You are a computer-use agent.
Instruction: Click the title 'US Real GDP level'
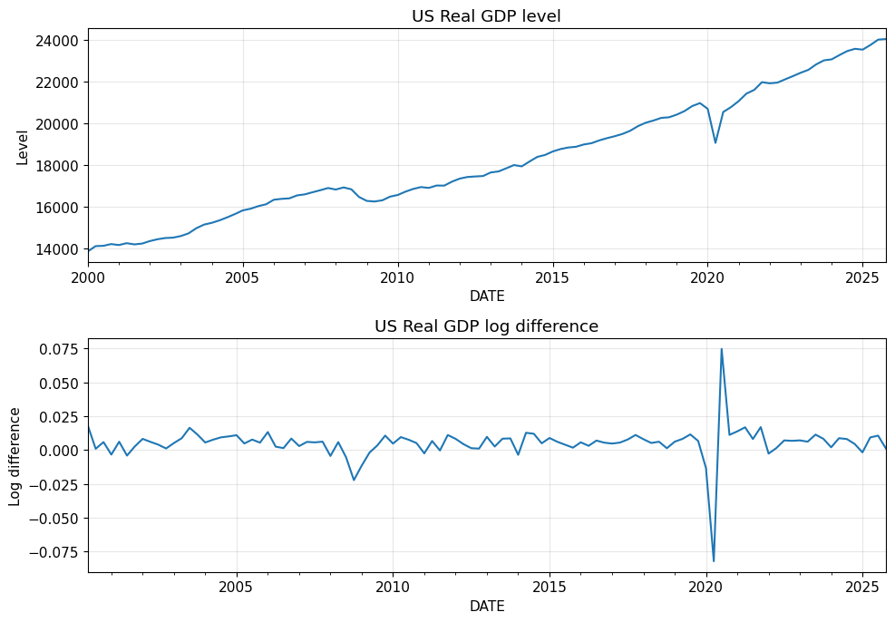pyautogui.click(x=486, y=16)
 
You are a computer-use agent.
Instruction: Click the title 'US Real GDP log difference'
pyautogui.click(x=486, y=326)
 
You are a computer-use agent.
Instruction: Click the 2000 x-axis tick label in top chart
pyautogui.click(x=88, y=277)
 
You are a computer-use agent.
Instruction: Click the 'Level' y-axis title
pyautogui.click(x=23, y=147)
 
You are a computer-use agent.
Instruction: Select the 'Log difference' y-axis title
pyautogui.click(x=15, y=456)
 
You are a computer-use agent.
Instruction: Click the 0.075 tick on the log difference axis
pyautogui.click(x=59, y=349)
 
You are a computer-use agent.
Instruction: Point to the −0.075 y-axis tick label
pyautogui.click(x=54, y=552)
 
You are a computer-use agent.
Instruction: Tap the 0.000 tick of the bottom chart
pyautogui.click(x=59, y=451)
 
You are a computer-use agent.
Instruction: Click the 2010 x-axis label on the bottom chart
pyautogui.click(x=393, y=587)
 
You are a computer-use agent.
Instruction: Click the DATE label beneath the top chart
pyautogui.click(x=487, y=296)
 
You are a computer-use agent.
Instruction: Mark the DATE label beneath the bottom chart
pyautogui.click(x=487, y=607)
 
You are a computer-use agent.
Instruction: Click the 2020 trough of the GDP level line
pyautogui.click(x=715, y=142)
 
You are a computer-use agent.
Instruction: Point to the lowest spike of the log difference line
pyautogui.click(x=714, y=561)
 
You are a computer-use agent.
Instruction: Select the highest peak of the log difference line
pyautogui.click(x=722, y=349)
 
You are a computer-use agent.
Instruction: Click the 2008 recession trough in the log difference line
pyautogui.click(x=354, y=480)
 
